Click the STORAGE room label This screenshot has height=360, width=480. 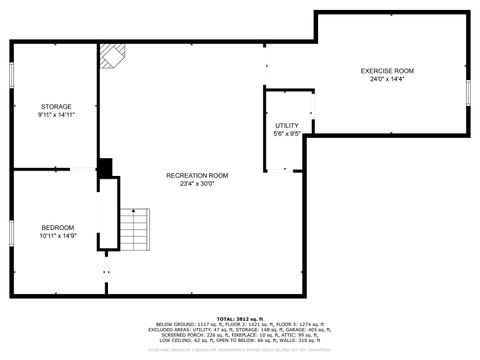pyautogui.click(x=56, y=106)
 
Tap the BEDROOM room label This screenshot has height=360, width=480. pyautogui.click(x=57, y=227)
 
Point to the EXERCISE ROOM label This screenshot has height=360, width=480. pyautogui.click(x=387, y=71)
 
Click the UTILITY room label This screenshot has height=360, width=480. pyautogui.click(x=287, y=125)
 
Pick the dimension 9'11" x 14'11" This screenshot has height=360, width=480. pyautogui.click(x=57, y=115)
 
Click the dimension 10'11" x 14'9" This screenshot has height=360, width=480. pyautogui.click(x=58, y=236)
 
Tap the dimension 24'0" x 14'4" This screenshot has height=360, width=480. pyautogui.click(x=387, y=80)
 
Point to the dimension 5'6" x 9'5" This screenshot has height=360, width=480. pyautogui.click(x=287, y=133)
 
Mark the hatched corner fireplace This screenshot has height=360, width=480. pyautogui.click(x=111, y=57)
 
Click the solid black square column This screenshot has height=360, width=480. pyautogui.click(x=105, y=168)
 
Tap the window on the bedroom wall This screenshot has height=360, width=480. pyautogui.click(x=11, y=232)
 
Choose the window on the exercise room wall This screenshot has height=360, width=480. pyautogui.click(x=467, y=91)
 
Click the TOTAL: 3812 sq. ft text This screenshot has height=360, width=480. pyautogui.click(x=239, y=318)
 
